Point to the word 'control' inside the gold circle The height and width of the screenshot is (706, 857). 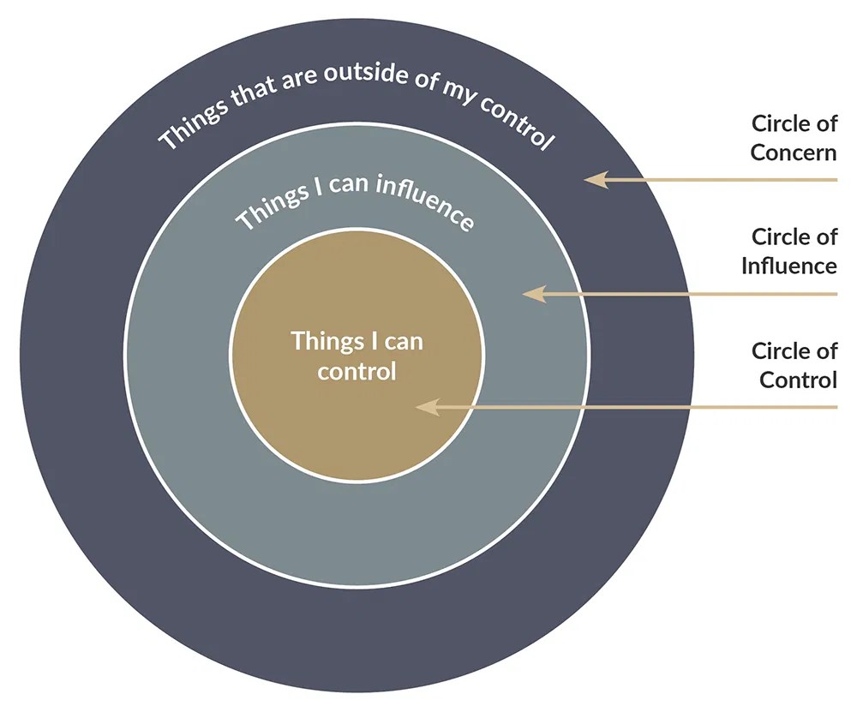tap(357, 371)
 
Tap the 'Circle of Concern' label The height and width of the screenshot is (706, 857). tap(794, 138)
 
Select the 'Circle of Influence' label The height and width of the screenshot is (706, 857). tap(789, 250)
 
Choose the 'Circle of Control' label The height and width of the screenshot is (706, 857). tap(794, 365)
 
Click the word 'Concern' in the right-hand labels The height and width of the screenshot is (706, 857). tap(794, 153)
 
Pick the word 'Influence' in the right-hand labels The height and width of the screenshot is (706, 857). tap(789, 266)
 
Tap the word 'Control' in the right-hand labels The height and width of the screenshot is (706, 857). tap(798, 380)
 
